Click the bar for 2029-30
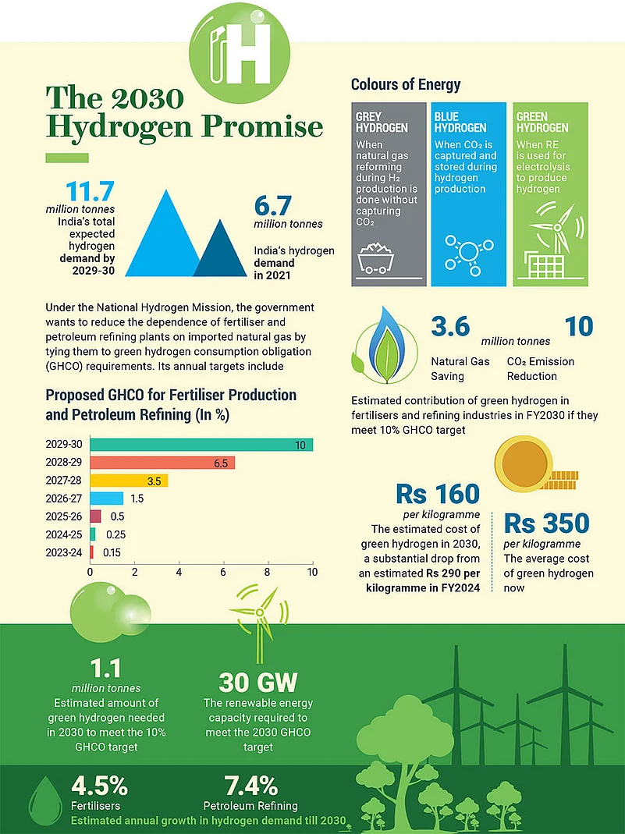click(201, 445)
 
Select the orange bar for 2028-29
click(162, 463)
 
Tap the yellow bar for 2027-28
click(129, 481)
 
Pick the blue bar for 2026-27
click(107, 498)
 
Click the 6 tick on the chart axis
click(224, 573)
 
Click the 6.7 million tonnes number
click(273, 206)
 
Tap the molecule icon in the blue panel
click(467, 254)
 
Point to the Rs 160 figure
click(438, 495)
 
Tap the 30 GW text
click(257, 683)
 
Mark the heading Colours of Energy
click(406, 84)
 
